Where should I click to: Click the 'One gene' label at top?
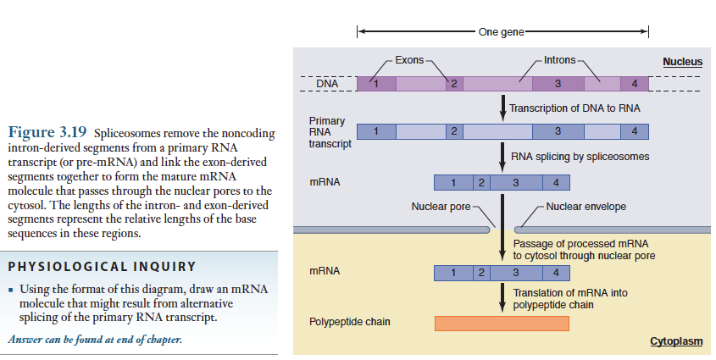pos(502,32)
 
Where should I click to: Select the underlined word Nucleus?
pos(682,62)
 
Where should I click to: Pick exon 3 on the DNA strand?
pos(558,84)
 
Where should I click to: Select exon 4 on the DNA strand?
pos(635,84)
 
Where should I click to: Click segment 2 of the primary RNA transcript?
pos(454,131)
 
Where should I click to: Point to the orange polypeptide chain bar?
pos(502,323)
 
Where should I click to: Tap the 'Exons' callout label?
pos(409,61)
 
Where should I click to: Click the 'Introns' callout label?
pos(559,61)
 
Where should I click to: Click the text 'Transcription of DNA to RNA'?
pos(574,108)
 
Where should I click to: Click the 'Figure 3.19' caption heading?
pos(47,133)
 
